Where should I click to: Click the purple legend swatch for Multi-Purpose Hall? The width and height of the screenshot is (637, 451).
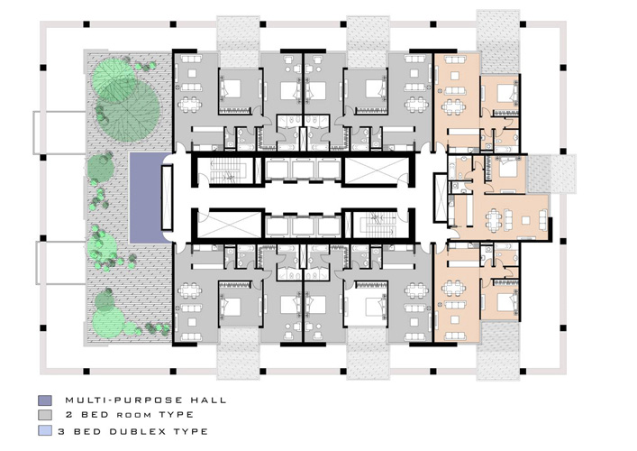(x=45, y=400)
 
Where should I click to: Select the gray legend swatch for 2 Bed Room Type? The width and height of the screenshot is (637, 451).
(x=45, y=415)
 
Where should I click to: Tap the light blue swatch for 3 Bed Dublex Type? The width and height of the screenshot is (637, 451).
(x=45, y=430)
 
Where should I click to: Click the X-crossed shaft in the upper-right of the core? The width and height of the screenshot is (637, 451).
(x=377, y=170)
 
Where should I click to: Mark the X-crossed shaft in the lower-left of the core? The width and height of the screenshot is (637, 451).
(x=228, y=225)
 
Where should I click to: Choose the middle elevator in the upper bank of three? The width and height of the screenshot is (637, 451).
(x=303, y=170)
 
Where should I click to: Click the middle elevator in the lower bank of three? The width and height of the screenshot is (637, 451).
(x=303, y=226)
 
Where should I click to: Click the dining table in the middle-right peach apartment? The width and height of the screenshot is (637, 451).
(x=494, y=220)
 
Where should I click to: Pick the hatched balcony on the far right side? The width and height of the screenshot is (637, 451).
(x=551, y=174)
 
